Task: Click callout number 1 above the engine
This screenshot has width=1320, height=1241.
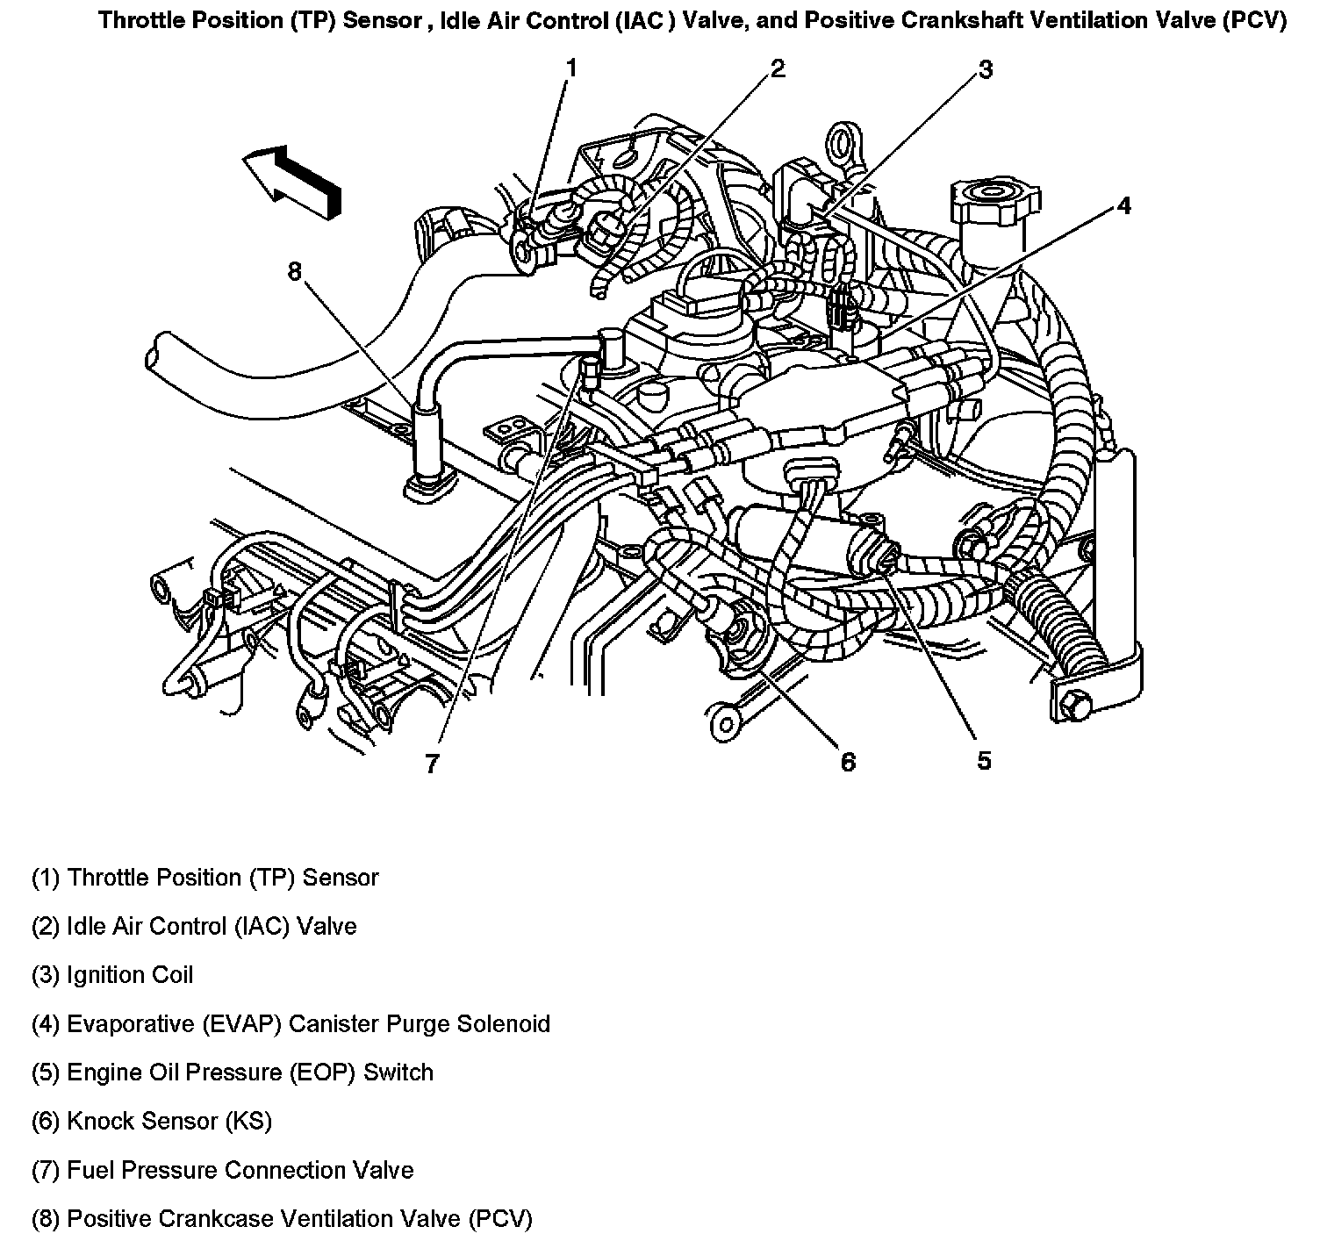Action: pyautogui.click(x=571, y=68)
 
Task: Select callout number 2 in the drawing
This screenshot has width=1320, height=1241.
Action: pyautogui.click(x=778, y=68)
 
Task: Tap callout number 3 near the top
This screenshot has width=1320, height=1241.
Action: pyautogui.click(x=985, y=69)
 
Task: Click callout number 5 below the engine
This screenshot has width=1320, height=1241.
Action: pyautogui.click(x=984, y=760)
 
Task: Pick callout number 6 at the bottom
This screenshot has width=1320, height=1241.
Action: pyautogui.click(x=847, y=761)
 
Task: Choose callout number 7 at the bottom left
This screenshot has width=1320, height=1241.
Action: pyautogui.click(x=431, y=764)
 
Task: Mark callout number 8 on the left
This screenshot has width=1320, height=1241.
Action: pyautogui.click(x=294, y=272)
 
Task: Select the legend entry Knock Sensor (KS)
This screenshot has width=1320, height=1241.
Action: pyautogui.click(x=152, y=1121)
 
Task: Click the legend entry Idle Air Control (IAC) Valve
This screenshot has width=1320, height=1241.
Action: pyautogui.click(x=194, y=926)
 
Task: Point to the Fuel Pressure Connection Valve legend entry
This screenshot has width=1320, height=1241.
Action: pyautogui.click(x=223, y=1170)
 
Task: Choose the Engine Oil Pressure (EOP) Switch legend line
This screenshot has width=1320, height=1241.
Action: pyautogui.click(x=233, y=1072)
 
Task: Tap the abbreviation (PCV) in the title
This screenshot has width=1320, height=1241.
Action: pyautogui.click(x=1252, y=20)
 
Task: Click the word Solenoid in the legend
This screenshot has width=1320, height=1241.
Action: pyautogui.click(x=503, y=1023)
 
